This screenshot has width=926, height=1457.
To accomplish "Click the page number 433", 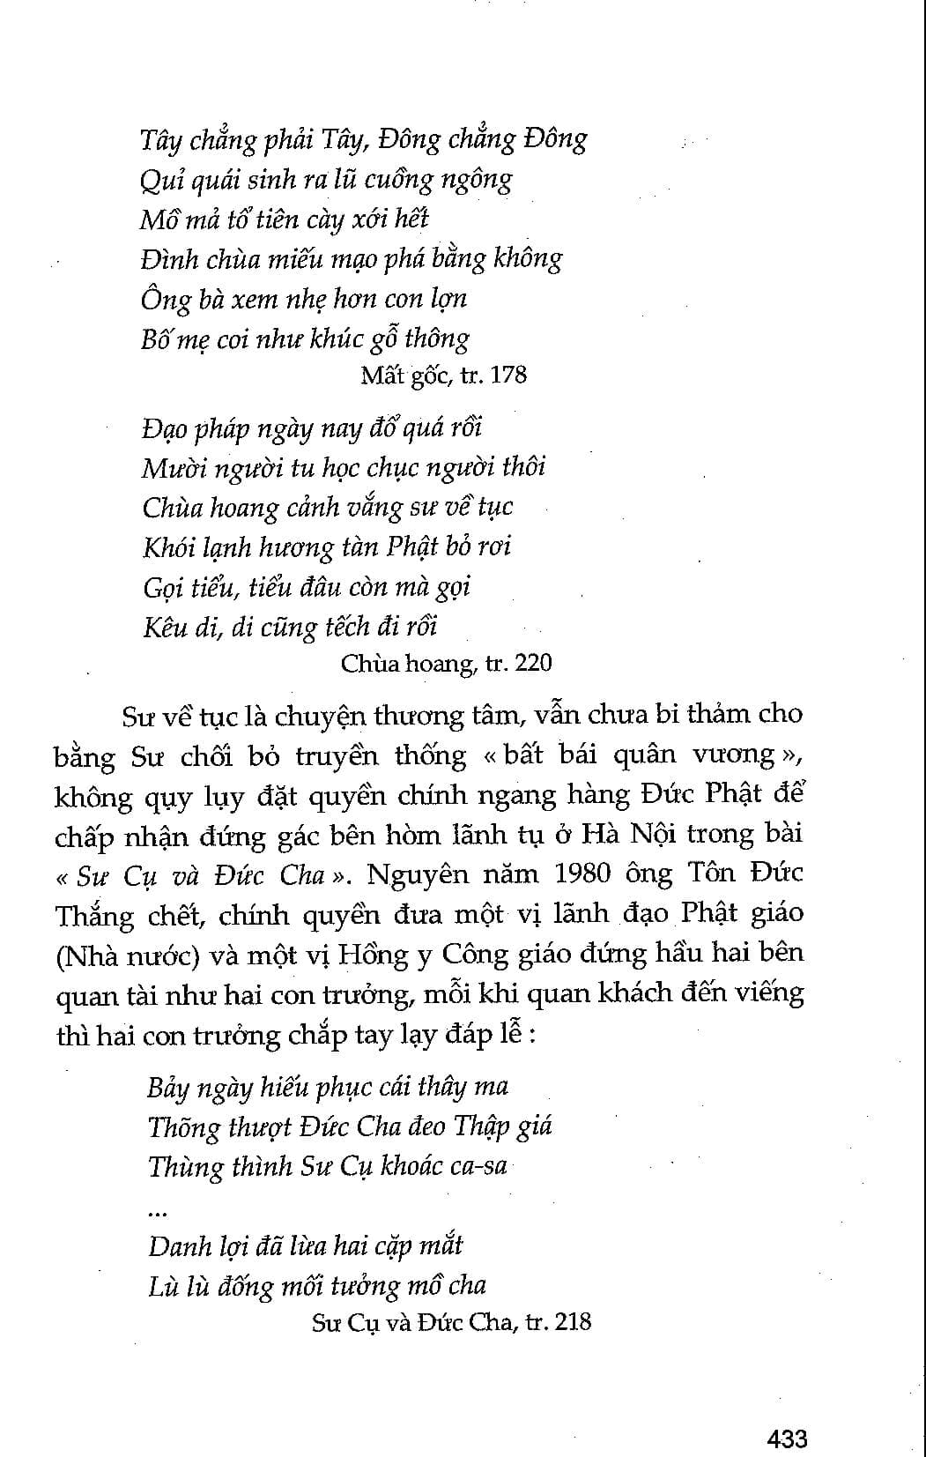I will click(x=787, y=1438).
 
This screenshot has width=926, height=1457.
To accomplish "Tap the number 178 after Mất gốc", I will click(x=508, y=375).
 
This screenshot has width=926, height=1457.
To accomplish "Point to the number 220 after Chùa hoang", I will click(x=533, y=662).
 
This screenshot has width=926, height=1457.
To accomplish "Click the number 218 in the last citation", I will click(x=573, y=1321).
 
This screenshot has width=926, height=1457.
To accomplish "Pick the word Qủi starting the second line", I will click(x=158, y=181).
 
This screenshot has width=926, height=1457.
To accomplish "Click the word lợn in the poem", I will click(x=448, y=299).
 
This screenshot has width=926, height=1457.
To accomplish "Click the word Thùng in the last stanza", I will click(x=185, y=1166).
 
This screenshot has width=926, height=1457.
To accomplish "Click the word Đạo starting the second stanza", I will click(x=166, y=428).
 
